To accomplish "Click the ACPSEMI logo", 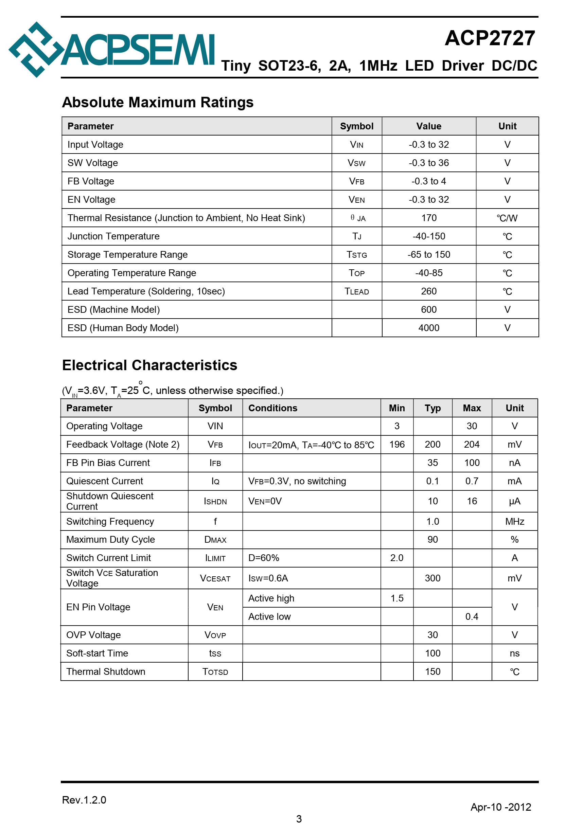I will tap(111, 50).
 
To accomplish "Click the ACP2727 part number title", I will tap(490, 38).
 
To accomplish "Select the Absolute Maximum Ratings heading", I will tap(158, 102).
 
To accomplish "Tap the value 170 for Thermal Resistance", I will tap(428, 218).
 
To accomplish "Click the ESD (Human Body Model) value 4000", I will tap(428, 328).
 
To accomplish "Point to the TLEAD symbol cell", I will tap(356, 291).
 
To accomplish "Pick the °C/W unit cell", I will tap(507, 218).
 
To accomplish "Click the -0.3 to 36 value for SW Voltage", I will tap(428, 163).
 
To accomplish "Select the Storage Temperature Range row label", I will tap(127, 254).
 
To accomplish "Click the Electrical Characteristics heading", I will tap(149, 365).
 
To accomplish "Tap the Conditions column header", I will tap(273, 408).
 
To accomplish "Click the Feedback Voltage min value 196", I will tap(397, 444).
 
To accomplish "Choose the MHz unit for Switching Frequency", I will tap(514, 521).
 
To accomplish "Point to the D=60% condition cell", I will tap(263, 558).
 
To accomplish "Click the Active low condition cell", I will tap(269, 616).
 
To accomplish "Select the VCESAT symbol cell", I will tap(215, 578).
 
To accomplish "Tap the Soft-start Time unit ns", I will tap(514, 653).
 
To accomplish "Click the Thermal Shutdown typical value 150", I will tap(432, 671).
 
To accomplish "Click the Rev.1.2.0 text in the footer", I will tap(84, 800).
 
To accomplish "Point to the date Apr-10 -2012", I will tap(500, 807).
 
